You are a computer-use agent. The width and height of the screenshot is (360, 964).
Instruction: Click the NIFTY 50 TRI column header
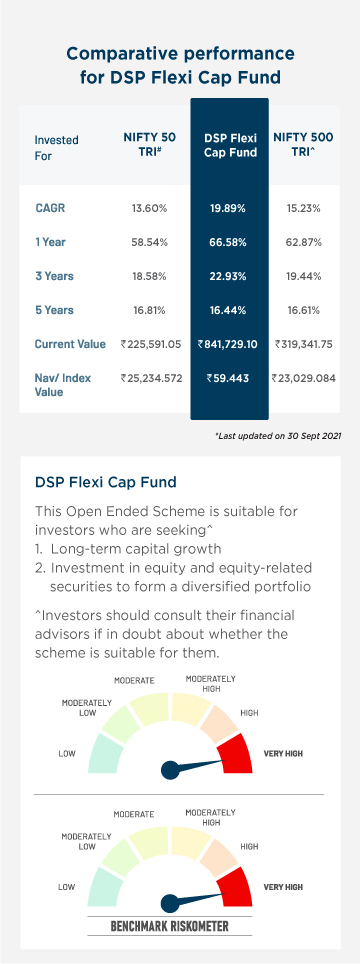point(147,146)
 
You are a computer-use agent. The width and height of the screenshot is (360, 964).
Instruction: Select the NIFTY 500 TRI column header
point(303,146)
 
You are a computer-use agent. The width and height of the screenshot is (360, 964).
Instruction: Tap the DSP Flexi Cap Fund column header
point(230,146)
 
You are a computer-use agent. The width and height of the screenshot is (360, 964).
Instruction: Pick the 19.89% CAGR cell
point(229,208)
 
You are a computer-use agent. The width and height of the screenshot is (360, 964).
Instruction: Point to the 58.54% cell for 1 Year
point(149,242)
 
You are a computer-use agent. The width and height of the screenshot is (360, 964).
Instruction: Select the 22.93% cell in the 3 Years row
point(229,276)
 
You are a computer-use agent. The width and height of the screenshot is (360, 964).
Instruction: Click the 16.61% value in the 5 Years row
point(304,310)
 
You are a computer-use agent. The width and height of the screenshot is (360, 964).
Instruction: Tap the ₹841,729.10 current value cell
point(229,344)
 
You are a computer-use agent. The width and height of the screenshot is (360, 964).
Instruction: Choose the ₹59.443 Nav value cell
point(229,379)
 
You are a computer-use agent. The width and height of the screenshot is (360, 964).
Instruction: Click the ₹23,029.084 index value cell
point(304,379)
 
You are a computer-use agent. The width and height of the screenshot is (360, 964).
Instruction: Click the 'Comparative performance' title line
point(181,53)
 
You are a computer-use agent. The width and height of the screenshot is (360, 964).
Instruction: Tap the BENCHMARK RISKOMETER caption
point(170,926)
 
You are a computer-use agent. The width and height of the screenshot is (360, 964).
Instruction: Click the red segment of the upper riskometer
point(236,751)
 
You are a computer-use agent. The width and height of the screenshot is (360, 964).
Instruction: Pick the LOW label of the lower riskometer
point(67,886)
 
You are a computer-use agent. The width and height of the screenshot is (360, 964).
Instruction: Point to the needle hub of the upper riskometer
point(171,768)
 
